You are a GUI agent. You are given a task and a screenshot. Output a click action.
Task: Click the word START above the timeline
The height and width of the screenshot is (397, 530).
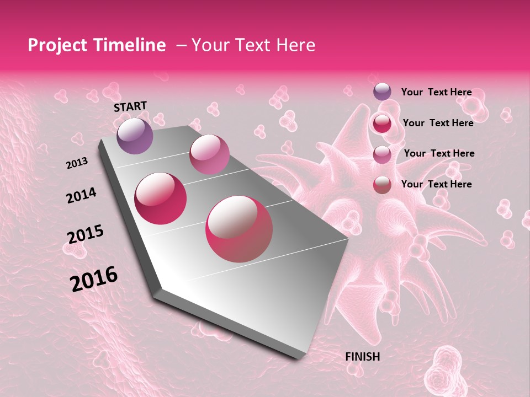[130, 106]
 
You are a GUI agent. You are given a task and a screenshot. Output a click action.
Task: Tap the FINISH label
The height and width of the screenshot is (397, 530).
[362, 357]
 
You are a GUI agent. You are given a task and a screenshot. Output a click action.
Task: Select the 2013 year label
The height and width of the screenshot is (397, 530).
[77, 163]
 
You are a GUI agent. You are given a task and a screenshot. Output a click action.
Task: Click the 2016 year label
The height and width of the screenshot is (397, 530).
[94, 278]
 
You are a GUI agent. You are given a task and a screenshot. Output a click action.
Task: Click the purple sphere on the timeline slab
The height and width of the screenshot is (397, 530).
[135, 136]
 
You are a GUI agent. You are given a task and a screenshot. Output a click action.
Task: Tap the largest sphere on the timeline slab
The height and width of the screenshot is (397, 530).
[239, 229]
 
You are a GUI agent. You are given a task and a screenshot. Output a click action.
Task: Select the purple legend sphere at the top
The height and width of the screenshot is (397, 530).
[382, 92]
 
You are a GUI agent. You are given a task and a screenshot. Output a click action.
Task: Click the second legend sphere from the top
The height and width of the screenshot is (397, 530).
[382, 123]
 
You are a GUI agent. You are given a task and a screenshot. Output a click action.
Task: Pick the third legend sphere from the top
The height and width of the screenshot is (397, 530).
[382, 154]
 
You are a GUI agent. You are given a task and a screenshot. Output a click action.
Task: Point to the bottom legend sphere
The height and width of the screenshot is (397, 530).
[382, 184]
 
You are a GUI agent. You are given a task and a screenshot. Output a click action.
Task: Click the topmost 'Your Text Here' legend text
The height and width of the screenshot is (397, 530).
[436, 92]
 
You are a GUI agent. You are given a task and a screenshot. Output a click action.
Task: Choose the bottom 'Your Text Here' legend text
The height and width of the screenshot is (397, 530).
[436, 184]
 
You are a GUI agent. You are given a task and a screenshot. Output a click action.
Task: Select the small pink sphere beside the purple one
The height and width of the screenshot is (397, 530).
[209, 154]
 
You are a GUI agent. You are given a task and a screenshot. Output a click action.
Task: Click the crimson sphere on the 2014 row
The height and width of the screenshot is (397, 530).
[161, 198]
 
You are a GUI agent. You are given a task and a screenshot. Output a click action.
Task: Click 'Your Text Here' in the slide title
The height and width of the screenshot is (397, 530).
[253, 45]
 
